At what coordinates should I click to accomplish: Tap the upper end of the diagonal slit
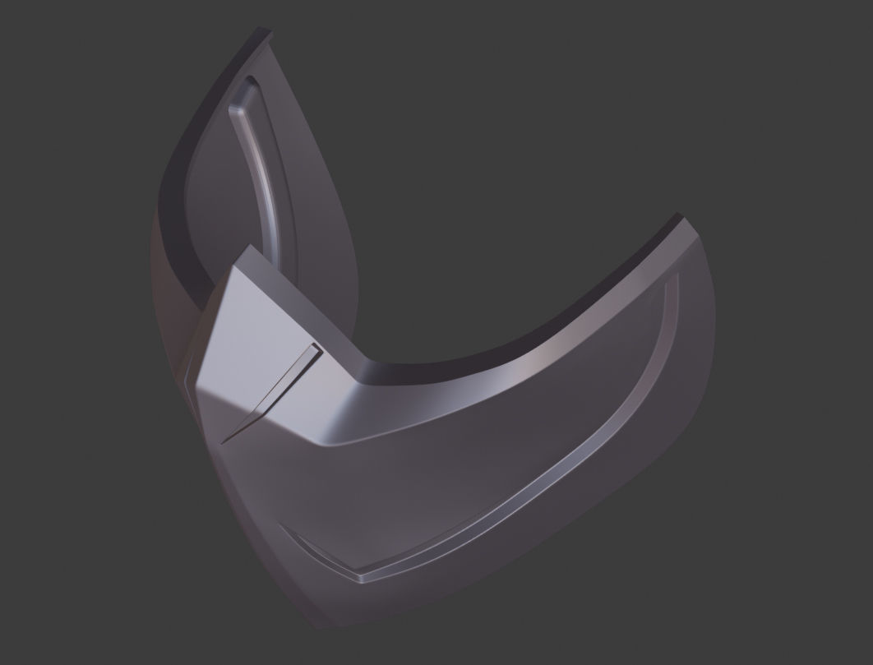click(x=315, y=349)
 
